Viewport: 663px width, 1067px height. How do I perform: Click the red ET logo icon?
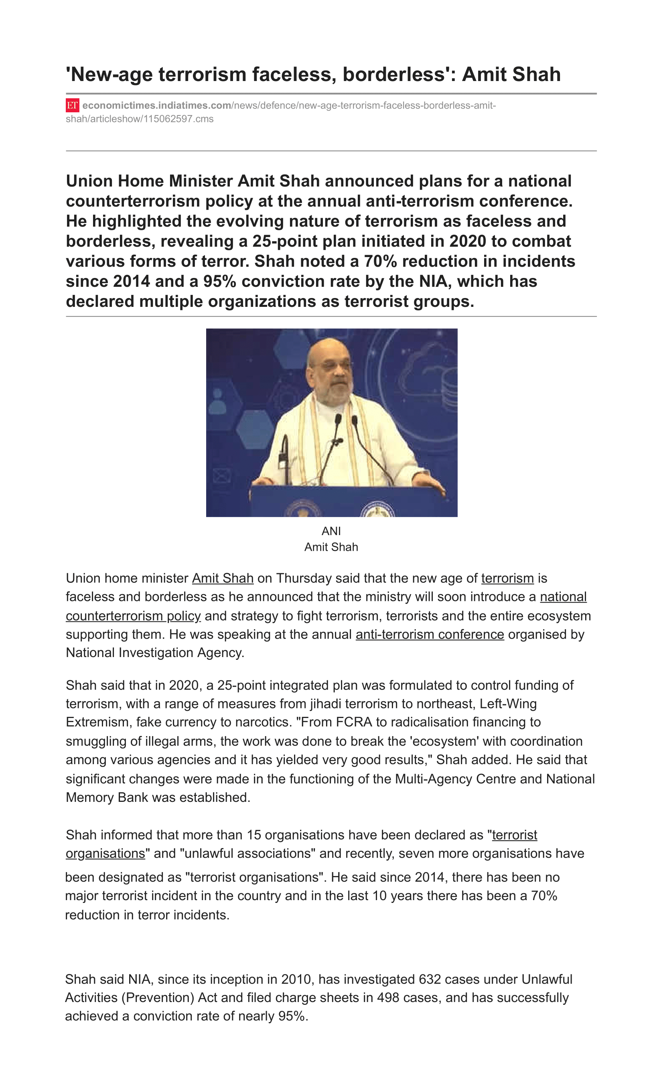pyautogui.click(x=72, y=105)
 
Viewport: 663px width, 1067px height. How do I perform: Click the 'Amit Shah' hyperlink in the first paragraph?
pyautogui.click(x=223, y=578)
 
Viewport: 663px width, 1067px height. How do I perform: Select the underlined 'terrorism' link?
pyautogui.click(x=507, y=578)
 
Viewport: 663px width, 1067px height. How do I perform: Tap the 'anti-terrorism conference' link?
pyautogui.click(x=430, y=635)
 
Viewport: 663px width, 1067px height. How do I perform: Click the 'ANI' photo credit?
pyautogui.click(x=331, y=531)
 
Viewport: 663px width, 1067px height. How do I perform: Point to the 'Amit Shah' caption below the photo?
pyautogui.click(x=331, y=547)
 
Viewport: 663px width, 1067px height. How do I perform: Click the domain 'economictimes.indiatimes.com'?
pyautogui.click(x=156, y=105)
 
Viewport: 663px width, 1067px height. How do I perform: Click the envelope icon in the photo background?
pyautogui.click(x=222, y=475)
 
